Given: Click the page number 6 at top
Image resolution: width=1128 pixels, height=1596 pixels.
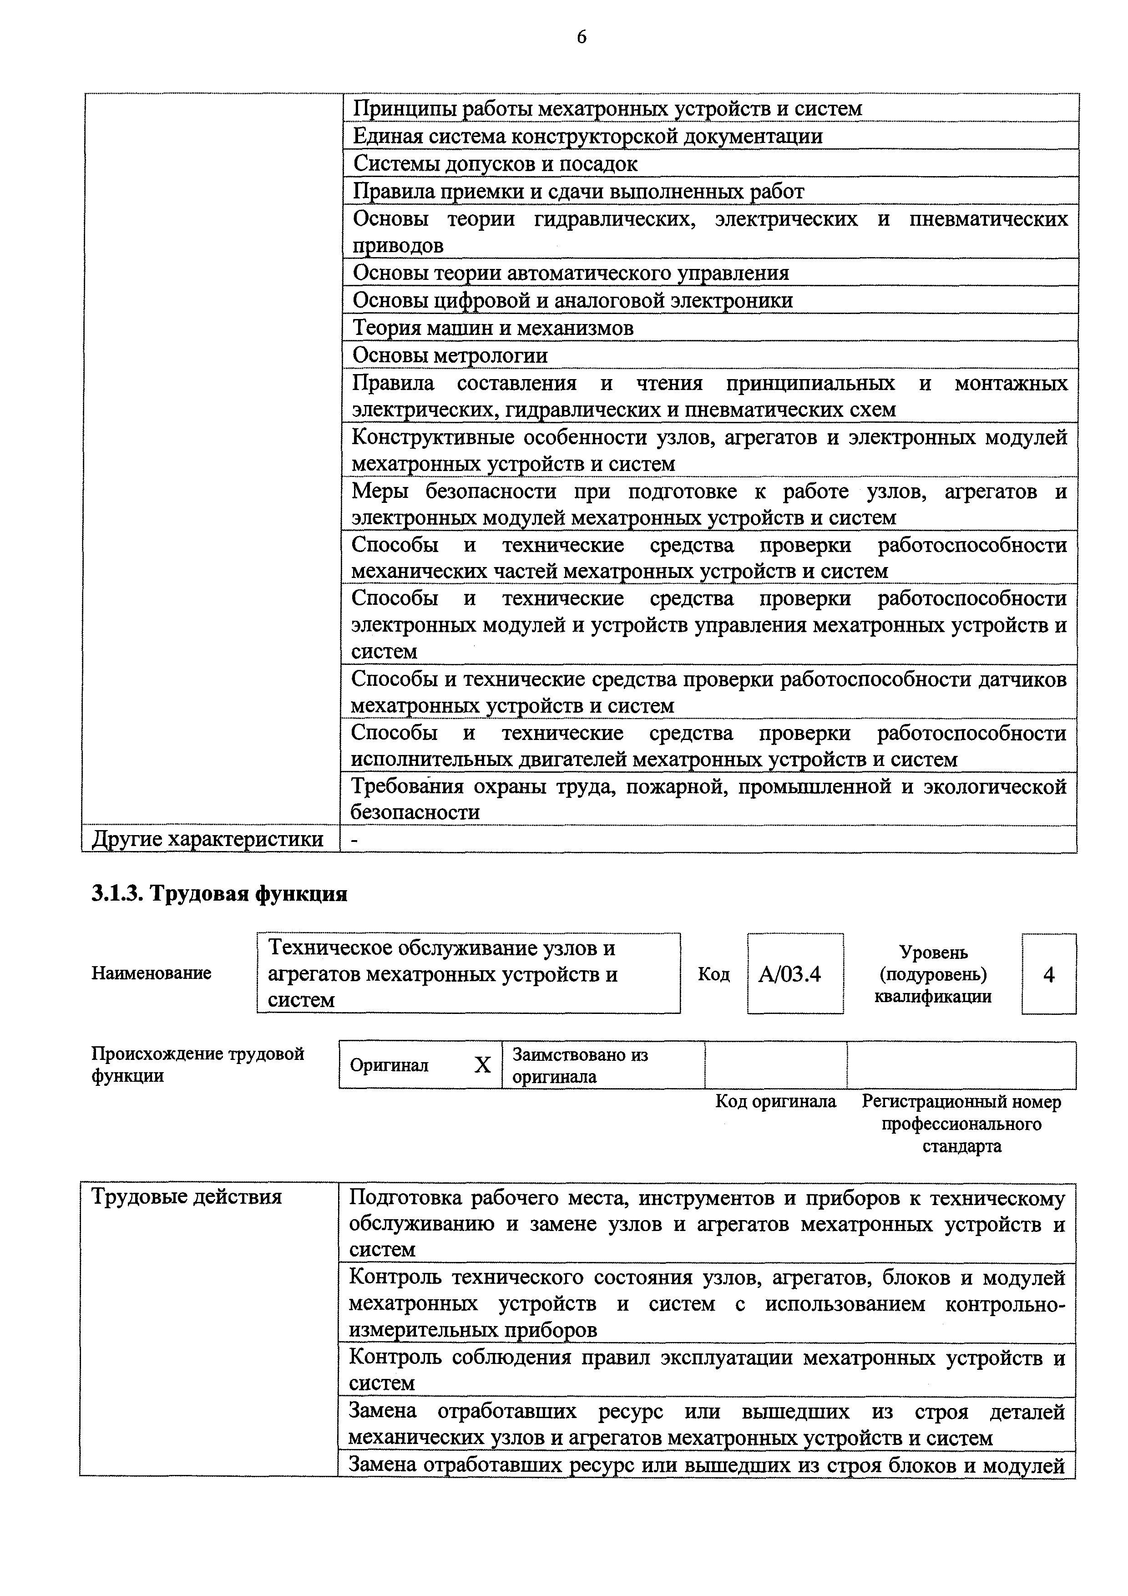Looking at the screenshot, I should pos(581,37).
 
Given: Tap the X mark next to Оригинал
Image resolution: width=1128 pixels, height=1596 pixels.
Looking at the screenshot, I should pos(482,1065).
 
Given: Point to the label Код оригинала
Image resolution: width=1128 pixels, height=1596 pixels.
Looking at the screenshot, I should pos(776,1102).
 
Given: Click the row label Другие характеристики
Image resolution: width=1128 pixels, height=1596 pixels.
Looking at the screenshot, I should pos(208,840).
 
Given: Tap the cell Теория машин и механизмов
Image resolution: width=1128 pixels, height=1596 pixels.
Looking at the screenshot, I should pos(493,327).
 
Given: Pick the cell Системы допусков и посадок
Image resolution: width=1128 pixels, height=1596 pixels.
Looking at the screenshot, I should pos(495,163).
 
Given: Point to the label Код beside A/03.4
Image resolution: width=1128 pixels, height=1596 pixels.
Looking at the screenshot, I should pos(714,974).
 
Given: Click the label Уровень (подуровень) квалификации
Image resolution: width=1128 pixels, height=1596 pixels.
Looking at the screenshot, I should pos(933,974).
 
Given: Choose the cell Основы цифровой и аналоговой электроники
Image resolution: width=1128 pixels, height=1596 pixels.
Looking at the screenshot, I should pos(573,300).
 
